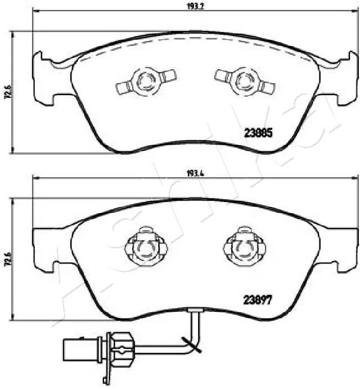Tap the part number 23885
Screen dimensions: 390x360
258,133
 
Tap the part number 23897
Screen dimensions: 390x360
258,300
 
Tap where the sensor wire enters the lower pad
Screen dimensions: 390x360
195,311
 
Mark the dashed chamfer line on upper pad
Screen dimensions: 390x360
197,39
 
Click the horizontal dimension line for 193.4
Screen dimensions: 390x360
112,179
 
